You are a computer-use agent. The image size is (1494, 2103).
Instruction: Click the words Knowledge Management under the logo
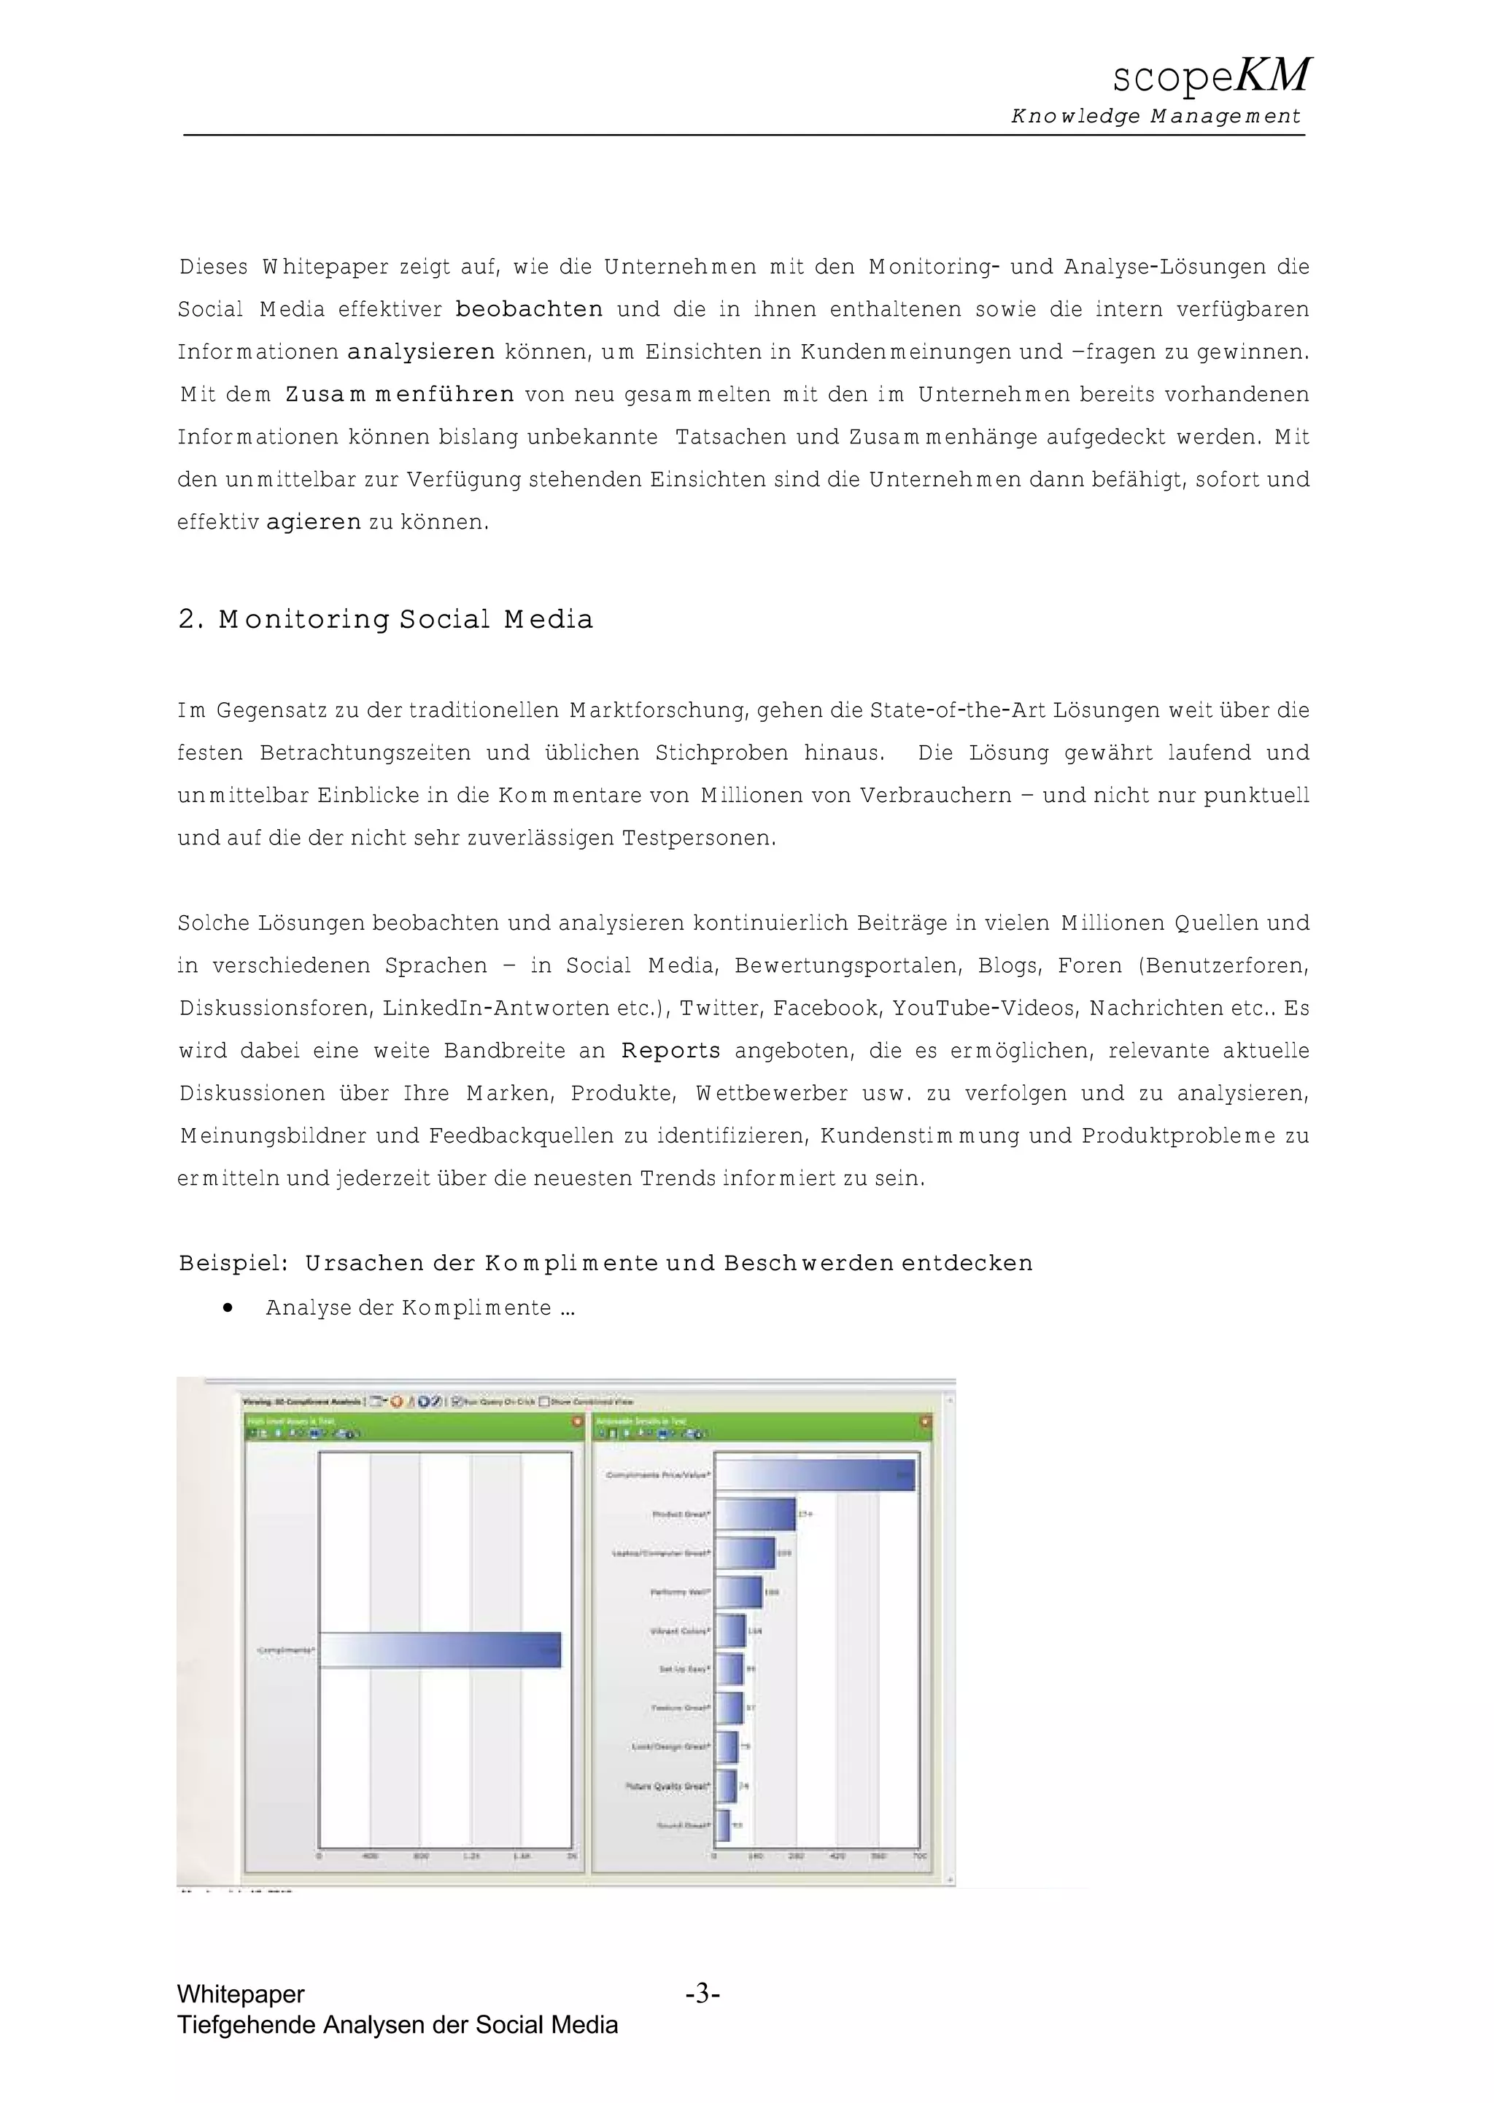tap(1156, 117)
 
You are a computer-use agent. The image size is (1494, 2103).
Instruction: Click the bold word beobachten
tap(529, 309)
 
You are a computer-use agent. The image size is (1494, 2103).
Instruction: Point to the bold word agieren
tap(313, 522)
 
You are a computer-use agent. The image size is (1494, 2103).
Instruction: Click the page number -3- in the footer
tap(702, 1994)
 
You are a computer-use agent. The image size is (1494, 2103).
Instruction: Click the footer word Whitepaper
tap(240, 1994)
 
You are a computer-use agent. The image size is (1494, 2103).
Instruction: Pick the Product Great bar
tap(754, 1514)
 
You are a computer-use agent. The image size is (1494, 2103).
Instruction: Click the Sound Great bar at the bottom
tap(722, 1825)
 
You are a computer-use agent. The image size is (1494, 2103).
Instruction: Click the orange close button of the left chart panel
tap(577, 1420)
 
